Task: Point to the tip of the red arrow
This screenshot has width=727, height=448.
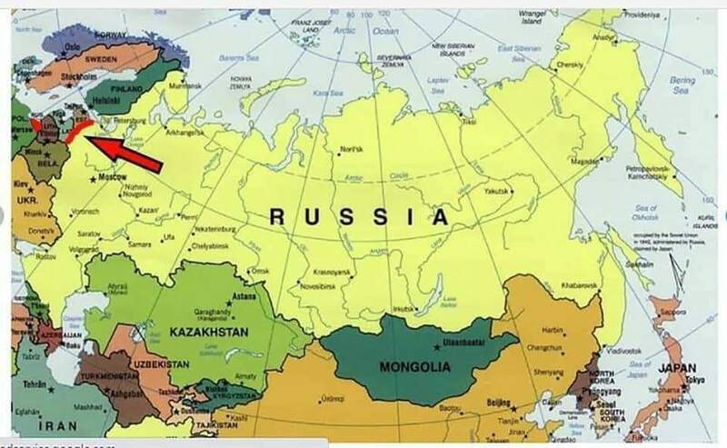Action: click(95, 139)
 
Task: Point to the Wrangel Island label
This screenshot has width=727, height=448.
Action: click(530, 18)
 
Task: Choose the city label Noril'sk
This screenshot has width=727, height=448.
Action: click(353, 149)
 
